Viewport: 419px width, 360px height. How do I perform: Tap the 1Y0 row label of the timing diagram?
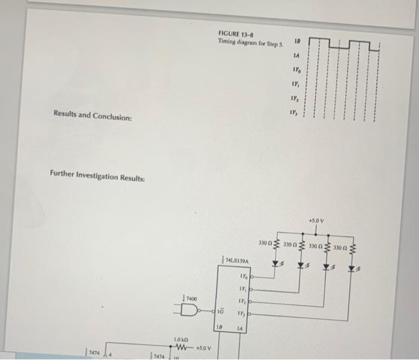[x=296, y=70]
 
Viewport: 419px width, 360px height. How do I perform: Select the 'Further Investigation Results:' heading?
[x=96, y=178]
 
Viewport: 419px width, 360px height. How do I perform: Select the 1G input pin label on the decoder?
[x=221, y=312]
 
